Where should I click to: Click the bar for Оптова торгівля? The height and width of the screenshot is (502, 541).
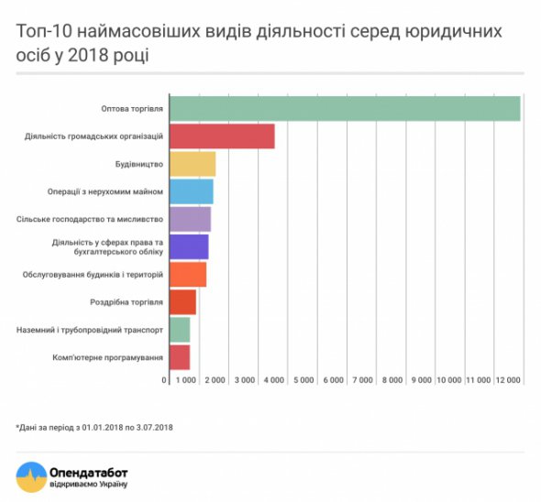tap(344, 108)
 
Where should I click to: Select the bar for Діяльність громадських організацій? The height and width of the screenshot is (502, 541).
tap(222, 136)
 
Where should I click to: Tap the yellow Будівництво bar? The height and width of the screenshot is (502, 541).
tap(193, 164)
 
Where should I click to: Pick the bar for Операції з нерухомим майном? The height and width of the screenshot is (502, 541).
tap(192, 191)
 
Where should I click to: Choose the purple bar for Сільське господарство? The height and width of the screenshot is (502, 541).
tap(191, 219)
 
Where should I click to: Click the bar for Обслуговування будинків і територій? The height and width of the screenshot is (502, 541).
tap(188, 274)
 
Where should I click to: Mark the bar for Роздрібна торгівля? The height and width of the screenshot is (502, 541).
tap(183, 301)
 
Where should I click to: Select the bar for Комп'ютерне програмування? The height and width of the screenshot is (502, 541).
tap(180, 356)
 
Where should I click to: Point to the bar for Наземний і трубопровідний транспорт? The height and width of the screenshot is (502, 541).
tap(180, 329)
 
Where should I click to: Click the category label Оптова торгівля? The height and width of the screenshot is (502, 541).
tap(132, 108)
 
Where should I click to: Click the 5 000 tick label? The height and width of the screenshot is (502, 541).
tap(304, 379)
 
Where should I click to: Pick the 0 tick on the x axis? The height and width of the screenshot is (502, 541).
tap(165, 379)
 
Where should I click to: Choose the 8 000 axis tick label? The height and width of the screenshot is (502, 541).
tap(392, 379)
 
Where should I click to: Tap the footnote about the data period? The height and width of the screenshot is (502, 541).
tap(94, 427)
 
